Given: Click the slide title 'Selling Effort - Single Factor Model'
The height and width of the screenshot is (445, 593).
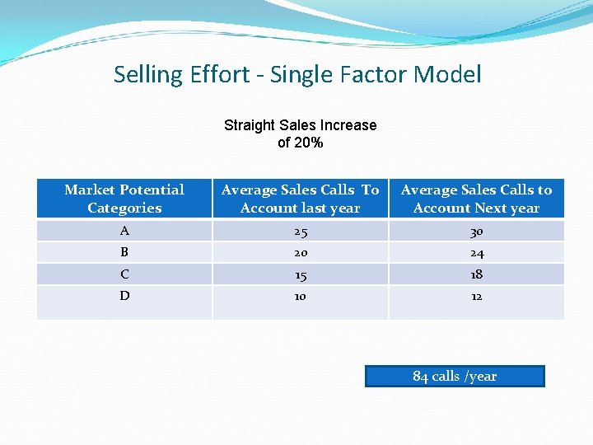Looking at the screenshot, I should point(297,75).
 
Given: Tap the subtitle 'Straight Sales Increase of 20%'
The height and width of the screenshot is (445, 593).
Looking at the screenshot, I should point(300,133).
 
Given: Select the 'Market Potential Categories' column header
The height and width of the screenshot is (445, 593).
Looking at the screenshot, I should point(124,199).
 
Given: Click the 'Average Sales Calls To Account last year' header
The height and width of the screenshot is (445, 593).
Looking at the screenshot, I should point(300,199).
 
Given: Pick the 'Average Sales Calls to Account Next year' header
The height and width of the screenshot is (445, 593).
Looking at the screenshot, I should point(476,199).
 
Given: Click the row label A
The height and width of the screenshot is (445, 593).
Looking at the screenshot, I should point(124,231).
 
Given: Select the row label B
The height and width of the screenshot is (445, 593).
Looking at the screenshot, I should point(124,252).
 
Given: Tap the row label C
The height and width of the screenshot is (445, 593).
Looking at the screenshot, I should point(124,274).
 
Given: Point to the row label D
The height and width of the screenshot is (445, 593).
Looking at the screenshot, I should point(124,295).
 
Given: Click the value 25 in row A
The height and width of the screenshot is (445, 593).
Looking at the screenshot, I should point(300,232).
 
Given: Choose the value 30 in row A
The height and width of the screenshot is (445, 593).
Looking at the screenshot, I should point(476,232).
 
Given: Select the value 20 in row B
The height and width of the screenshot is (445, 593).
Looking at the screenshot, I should point(300,253).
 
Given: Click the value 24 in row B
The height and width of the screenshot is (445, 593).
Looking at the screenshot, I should point(476,253).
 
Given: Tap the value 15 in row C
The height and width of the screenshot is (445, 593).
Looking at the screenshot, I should point(300,274).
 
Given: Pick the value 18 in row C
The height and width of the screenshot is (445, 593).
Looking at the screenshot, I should point(476,274).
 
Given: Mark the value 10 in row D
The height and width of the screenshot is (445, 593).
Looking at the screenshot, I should point(300,296).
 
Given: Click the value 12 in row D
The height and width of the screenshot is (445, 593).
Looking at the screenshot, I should point(476,296).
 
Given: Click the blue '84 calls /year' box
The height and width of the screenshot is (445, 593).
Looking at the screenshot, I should point(455,377).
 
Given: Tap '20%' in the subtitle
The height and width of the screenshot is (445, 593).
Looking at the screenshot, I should point(311,143).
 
